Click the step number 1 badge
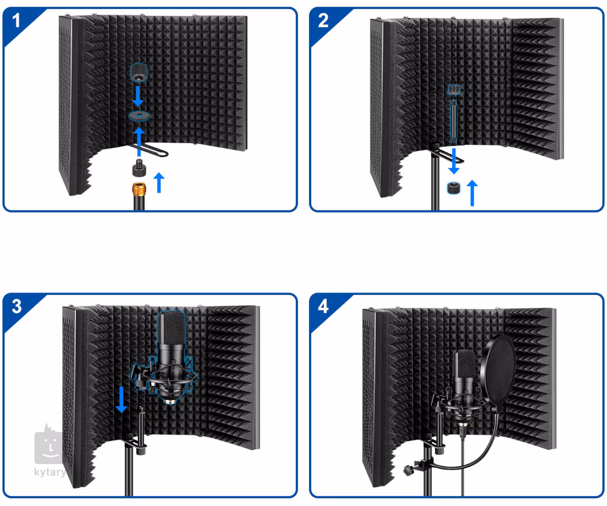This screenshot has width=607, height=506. pos(16,20)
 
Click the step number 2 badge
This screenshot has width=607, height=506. pos(323,20)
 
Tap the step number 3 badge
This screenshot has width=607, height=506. pos(17,306)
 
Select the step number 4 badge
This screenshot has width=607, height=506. pos(323,306)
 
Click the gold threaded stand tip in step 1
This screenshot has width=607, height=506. pos(139,190)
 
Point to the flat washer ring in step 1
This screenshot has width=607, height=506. pos(139,116)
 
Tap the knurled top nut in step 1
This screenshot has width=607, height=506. pos(139,72)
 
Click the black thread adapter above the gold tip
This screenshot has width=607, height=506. pos(139,168)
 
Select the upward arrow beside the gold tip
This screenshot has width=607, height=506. pos(159,183)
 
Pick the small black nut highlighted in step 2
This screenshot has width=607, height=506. pos(454,188)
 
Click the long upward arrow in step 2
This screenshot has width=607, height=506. pos(472,193)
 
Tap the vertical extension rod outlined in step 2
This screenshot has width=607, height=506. pos(454,121)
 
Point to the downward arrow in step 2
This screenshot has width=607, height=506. pos(454,161)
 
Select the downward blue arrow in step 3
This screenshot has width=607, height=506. pos(121,400)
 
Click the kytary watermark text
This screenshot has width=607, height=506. pos(50,472)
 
